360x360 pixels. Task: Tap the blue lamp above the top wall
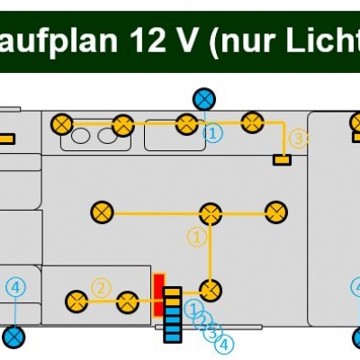point(204,99)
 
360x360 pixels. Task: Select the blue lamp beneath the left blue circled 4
point(13,337)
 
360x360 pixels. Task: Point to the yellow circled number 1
point(197,238)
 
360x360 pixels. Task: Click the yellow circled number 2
point(101,289)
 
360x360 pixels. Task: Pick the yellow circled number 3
point(299,139)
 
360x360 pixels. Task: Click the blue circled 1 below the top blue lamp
point(212,134)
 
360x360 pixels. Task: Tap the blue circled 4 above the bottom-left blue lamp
point(16,287)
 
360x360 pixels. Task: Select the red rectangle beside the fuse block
point(159,295)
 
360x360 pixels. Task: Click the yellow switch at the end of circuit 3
point(282,159)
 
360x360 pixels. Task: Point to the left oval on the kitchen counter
point(80,136)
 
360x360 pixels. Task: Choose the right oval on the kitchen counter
point(107,136)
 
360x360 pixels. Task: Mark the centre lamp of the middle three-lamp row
point(211,214)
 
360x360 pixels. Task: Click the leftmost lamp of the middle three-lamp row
point(102,212)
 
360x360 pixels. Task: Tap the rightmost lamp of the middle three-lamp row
point(276,212)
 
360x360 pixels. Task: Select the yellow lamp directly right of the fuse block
point(211,291)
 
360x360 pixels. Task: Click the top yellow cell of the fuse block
point(173,292)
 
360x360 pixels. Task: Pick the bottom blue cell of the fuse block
point(173,337)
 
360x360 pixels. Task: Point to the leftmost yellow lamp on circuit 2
point(76,301)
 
